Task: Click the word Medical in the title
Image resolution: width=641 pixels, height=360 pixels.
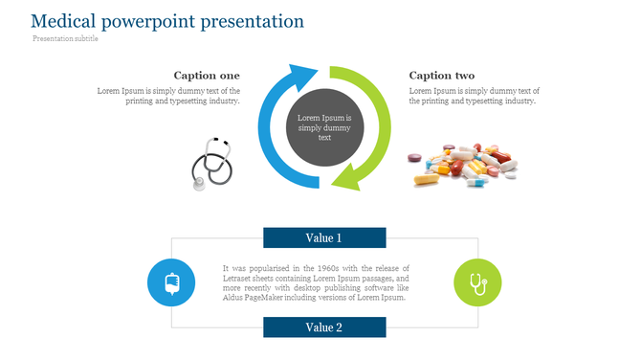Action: point(60,21)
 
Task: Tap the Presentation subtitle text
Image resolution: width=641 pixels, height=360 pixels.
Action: point(65,39)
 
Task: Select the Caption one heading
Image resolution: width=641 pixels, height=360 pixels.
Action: point(207,76)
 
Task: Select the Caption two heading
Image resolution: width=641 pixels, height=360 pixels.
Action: point(441,76)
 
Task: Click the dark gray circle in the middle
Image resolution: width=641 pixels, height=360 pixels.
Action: point(324,125)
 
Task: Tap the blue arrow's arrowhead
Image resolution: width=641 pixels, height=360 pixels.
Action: point(305,77)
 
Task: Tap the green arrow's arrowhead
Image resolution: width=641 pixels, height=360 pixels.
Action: point(344,176)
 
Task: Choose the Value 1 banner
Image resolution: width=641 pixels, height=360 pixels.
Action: point(324,237)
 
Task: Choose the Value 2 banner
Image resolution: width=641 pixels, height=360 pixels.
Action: point(324,327)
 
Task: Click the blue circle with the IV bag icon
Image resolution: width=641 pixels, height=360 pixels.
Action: point(172,282)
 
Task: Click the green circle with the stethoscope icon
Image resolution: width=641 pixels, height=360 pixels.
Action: point(476,282)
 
